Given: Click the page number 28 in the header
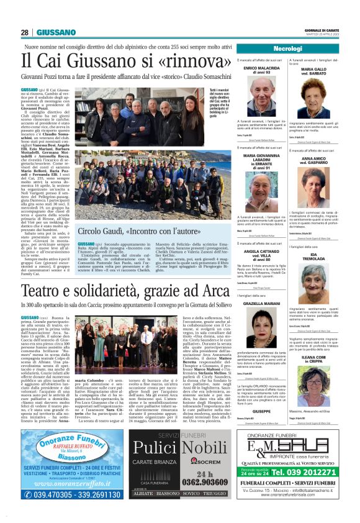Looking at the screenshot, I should (25, 32).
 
